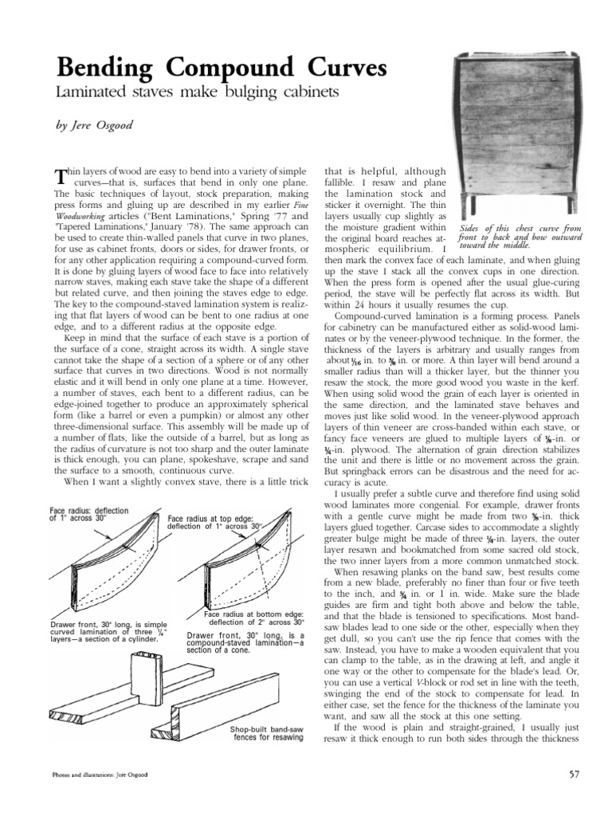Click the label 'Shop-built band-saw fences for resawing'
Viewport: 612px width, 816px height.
(x=267, y=732)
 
